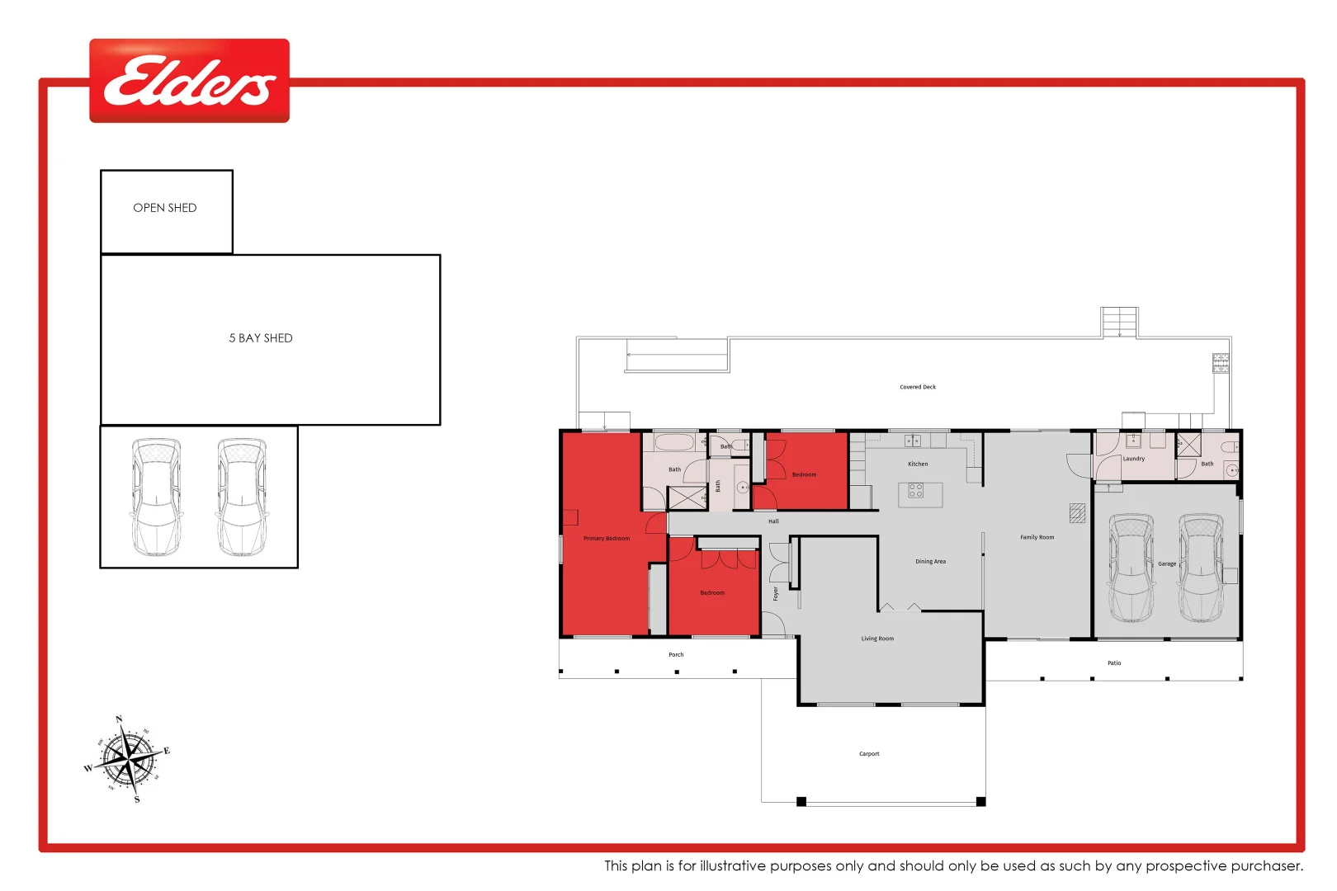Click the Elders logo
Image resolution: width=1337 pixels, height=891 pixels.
tap(189, 81)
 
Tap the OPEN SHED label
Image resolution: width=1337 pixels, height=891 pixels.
tap(165, 208)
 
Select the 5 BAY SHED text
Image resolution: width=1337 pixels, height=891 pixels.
tap(261, 338)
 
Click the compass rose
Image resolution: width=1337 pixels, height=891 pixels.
tap(127, 760)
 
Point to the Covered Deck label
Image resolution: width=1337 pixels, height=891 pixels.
tap(918, 387)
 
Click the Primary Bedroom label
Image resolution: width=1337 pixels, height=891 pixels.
tap(607, 539)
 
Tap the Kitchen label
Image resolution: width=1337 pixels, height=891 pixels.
tap(918, 464)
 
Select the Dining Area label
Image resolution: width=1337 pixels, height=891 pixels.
tap(930, 562)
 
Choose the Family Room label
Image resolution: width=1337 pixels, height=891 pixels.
tap(1037, 537)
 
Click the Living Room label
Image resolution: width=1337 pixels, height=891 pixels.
tap(877, 639)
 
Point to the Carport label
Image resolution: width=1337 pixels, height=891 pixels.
tap(869, 754)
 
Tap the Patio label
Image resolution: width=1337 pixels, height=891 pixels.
tap(1114, 663)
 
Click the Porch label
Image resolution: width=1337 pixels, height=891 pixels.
tap(676, 655)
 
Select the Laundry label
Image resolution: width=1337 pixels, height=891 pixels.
tap(1133, 459)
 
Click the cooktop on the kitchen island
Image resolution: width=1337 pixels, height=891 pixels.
tap(915, 491)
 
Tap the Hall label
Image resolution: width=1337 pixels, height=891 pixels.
tap(773, 521)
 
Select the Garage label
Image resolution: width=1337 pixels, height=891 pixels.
tap(1167, 564)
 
